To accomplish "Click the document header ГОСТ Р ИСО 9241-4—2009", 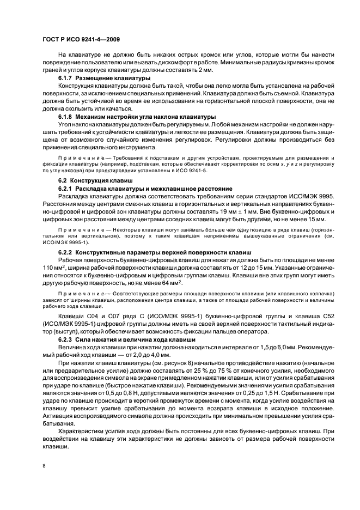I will (x=81, y=40).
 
